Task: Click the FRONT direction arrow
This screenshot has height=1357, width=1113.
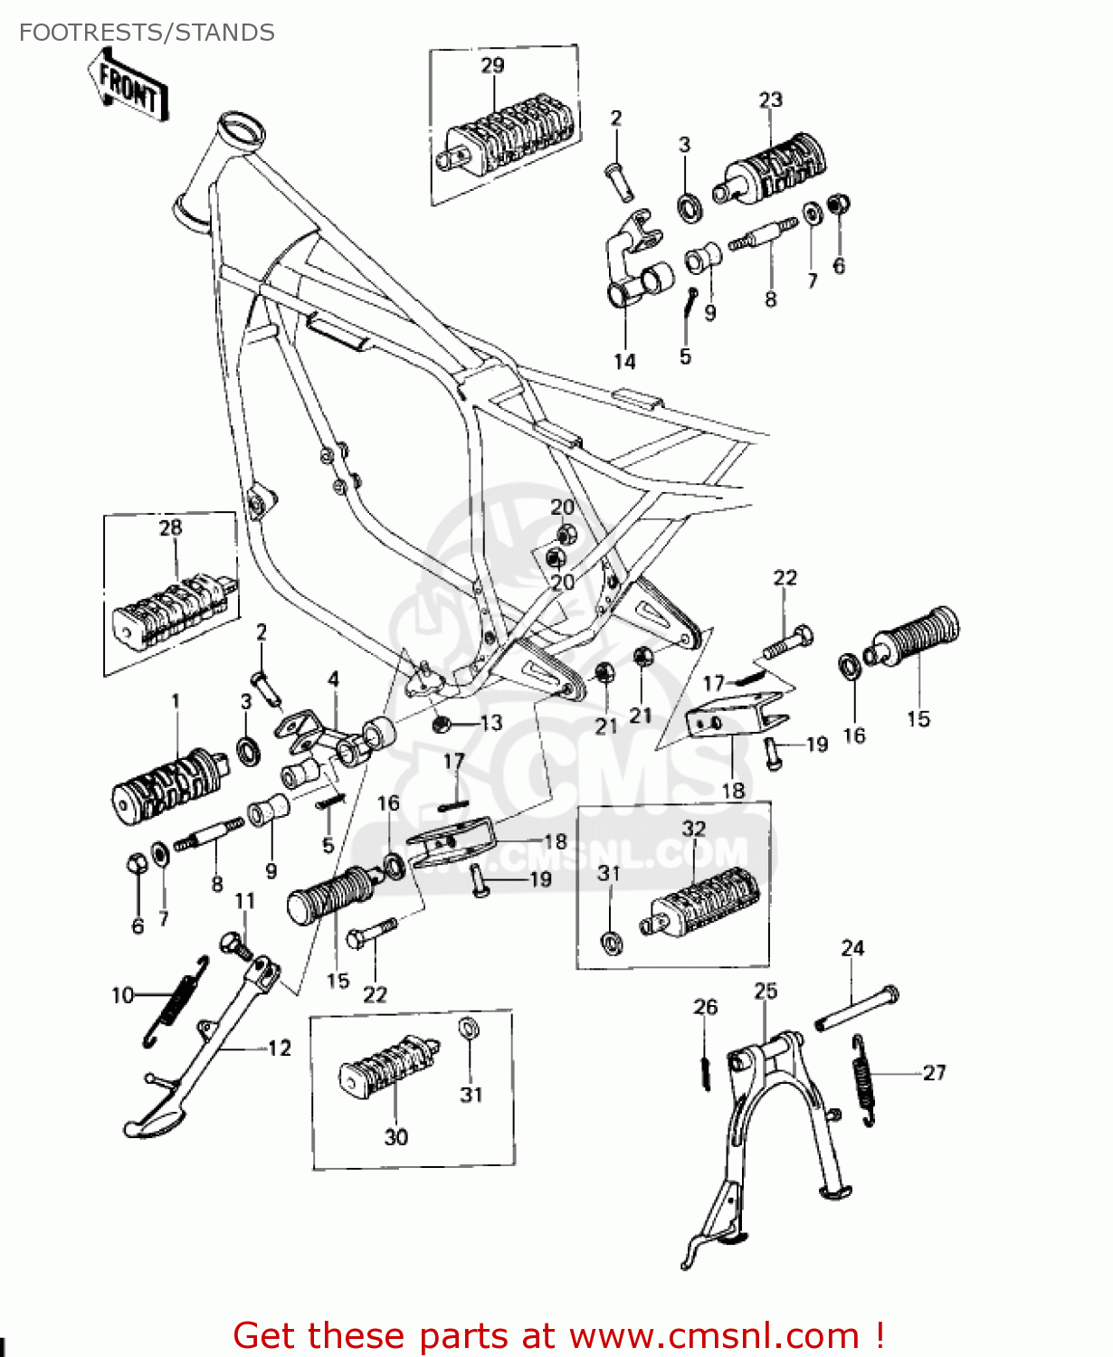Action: click(129, 86)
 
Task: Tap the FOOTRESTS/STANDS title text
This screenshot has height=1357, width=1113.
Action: click(147, 33)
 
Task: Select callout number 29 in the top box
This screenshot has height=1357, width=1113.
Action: click(492, 65)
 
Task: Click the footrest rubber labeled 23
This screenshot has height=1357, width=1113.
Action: click(776, 170)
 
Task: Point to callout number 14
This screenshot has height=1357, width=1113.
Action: click(624, 362)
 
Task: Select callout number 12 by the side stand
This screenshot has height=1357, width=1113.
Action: click(280, 1048)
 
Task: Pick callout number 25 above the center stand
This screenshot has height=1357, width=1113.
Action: click(766, 991)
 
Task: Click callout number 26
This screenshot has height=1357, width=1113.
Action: click(705, 1007)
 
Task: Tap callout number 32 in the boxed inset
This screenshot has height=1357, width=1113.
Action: click(693, 829)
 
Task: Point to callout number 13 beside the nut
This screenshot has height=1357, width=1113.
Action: click(490, 723)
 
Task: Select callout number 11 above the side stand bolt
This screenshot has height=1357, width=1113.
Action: click(244, 901)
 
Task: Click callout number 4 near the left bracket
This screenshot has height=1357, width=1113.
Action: click(333, 678)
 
